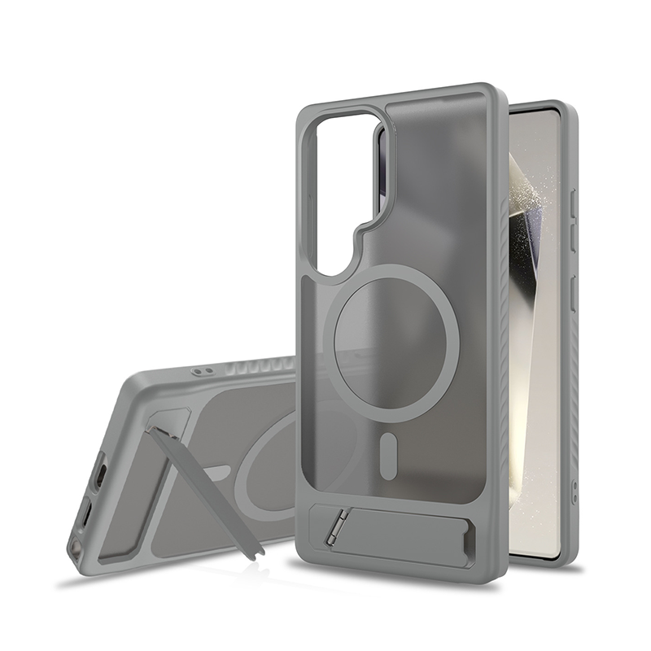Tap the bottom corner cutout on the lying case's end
76,547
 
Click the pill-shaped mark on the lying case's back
217,472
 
